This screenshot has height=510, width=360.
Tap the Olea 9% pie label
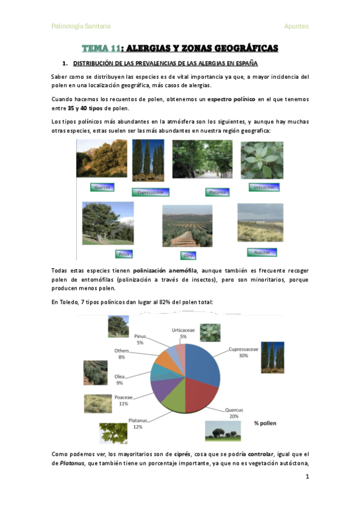[x=120, y=379]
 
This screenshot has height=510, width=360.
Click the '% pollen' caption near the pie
[x=265, y=423]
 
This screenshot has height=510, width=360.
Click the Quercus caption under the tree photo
[x=102, y=187]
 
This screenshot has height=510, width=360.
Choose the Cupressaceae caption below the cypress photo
[x=151, y=192]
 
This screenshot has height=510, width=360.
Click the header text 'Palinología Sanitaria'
[x=81, y=26]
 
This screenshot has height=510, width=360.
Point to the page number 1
[x=307, y=477]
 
